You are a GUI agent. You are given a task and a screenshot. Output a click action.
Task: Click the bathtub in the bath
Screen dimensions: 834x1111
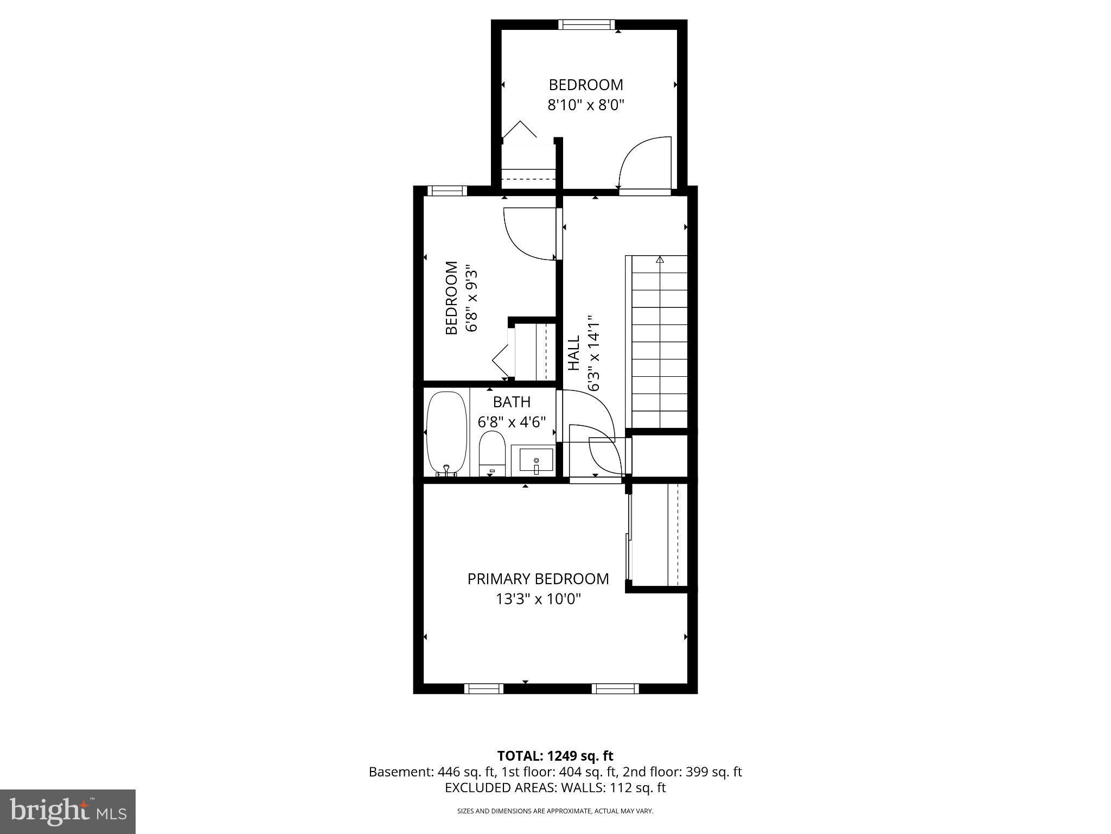coord(446,433)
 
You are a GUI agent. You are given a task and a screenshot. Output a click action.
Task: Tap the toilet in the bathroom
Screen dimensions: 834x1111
coord(492,454)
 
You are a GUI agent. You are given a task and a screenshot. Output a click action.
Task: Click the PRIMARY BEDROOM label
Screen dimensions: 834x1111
coord(538,579)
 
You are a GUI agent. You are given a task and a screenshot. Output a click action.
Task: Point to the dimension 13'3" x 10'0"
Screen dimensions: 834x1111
coord(538,599)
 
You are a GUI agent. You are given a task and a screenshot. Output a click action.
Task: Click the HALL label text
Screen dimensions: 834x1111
coord(574,353)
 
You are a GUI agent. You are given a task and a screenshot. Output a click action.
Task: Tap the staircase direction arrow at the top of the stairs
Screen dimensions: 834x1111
coord(660,260)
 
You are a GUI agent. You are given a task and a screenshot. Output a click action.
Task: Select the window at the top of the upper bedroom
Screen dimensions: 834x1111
coord(586,24)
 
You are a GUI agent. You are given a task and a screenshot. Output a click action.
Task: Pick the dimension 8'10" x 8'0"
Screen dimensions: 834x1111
coord(586,105)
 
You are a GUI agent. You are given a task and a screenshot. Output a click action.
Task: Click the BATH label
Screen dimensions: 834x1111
coord(512,402)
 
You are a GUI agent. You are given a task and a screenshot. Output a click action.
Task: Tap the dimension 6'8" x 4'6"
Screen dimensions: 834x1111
coord(512,422)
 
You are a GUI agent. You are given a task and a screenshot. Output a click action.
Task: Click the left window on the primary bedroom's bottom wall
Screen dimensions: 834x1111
coord(483,688)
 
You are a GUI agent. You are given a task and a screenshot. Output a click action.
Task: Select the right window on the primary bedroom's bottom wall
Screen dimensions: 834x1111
coord(615,688)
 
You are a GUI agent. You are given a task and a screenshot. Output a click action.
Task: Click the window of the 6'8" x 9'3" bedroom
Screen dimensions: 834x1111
coord(447,191)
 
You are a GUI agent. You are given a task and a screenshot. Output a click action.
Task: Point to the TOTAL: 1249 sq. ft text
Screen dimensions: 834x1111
coord(555,756)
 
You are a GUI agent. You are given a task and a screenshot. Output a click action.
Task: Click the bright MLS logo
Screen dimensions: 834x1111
coord(68,811)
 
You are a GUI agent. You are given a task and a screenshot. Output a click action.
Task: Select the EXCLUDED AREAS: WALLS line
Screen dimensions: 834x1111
coord(555,788)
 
